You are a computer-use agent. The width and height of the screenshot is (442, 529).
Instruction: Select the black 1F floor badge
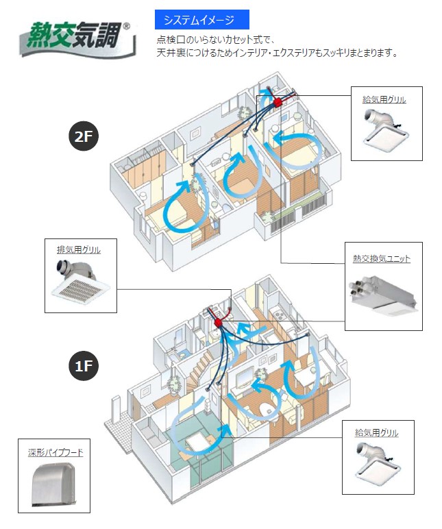pos(84,367)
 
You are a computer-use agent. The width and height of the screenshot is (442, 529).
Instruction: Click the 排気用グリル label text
pos(78,249)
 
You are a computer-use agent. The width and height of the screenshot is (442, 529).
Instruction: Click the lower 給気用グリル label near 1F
pos(378,433)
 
